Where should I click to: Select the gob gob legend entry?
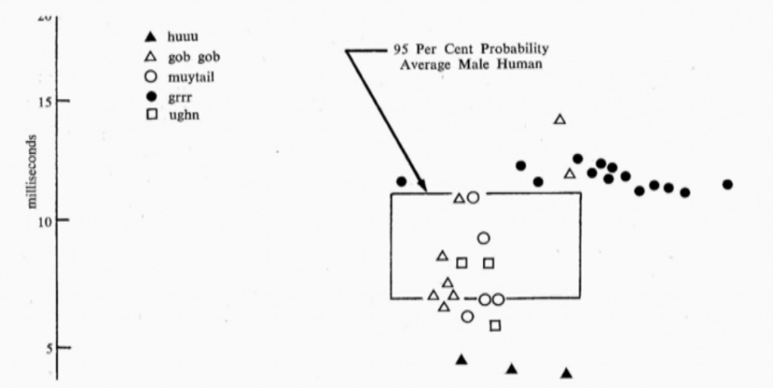[x=183, y=57]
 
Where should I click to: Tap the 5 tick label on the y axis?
[x=45, y=348]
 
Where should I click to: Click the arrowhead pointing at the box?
[x=423, y=187]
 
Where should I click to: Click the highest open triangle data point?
[x=560, y=119]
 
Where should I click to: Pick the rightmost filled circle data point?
[x=728, y=184]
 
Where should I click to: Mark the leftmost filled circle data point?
[x=402, y=181]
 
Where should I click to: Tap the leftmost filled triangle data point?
[x=461, y=359]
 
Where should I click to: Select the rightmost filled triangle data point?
[x=566, y=373]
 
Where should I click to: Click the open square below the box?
[x=495, y=325]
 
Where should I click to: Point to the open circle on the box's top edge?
[x=473, y=198]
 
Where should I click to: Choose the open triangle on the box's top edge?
[x=459, y=198]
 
